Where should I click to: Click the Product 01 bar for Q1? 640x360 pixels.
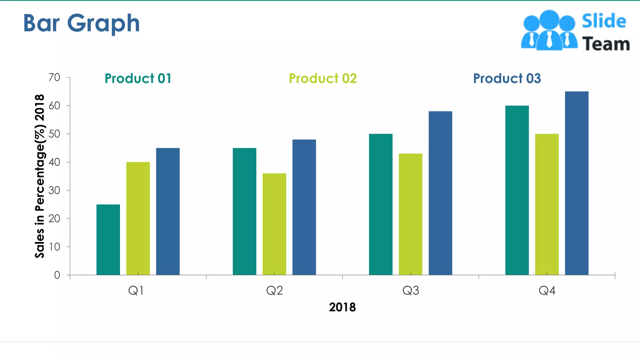108,240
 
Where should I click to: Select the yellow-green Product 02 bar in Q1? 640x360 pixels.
138,218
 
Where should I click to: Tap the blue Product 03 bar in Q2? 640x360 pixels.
304,207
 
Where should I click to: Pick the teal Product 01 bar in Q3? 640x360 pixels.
381,204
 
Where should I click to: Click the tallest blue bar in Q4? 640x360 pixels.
577,183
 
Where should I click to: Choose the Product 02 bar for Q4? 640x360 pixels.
547,204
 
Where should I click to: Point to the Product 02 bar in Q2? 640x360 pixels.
274,224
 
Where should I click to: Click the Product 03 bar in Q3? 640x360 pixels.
440,193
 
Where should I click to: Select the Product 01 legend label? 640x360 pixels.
138,78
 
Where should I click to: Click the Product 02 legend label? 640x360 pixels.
323,78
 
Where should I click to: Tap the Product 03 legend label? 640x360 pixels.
507,78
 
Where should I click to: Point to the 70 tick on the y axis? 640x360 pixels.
54,77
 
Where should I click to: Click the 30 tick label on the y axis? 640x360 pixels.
54,190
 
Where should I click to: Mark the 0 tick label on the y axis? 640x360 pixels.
57,275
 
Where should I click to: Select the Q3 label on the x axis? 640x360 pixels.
411,291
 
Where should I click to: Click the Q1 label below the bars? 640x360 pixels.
136,291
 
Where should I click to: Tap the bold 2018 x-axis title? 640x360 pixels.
342,307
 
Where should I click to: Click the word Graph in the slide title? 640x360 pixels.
103,23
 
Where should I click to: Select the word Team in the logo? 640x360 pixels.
606,44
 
